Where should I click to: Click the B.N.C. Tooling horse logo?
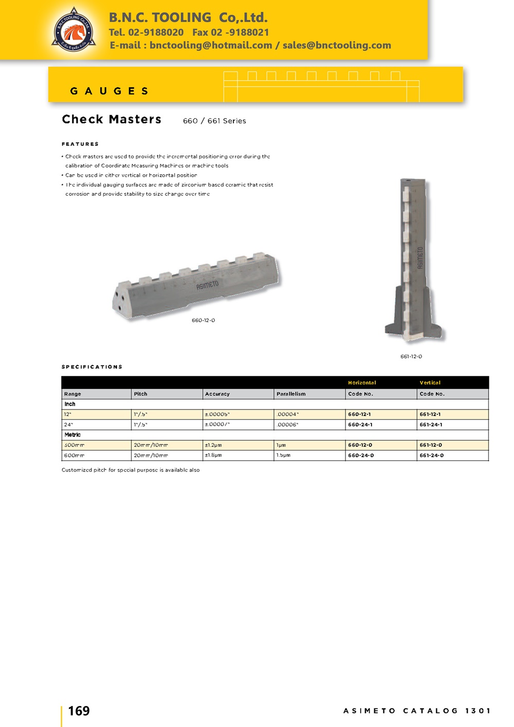pos(74,30)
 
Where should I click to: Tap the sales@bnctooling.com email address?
pos(337,45)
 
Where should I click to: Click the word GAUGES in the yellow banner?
pos(109,91)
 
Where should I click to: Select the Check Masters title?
pos(112,119)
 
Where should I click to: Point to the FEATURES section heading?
pos(80,144)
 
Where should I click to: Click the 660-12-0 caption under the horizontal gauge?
pos(203,320)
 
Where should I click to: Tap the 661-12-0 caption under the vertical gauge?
pos(411,356)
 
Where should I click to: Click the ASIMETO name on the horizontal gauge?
pos(207,285)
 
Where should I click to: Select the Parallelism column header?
pos(291,394)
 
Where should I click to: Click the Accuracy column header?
pos(217,394)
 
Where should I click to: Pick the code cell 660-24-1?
pos(360,425)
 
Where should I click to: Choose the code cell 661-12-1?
pos(430,414)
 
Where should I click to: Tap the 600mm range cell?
pos(74,455)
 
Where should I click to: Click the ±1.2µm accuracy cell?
pos(213,445)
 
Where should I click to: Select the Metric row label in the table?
pos(72,435)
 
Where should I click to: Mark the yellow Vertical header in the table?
pos(430,383)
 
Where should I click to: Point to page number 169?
pos(79,711)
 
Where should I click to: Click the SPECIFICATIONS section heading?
pos(92,367)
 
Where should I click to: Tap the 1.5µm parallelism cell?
pos(283,455)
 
